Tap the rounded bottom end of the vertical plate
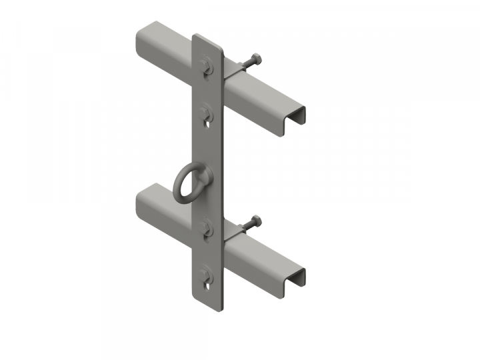(x=207, y=303)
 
